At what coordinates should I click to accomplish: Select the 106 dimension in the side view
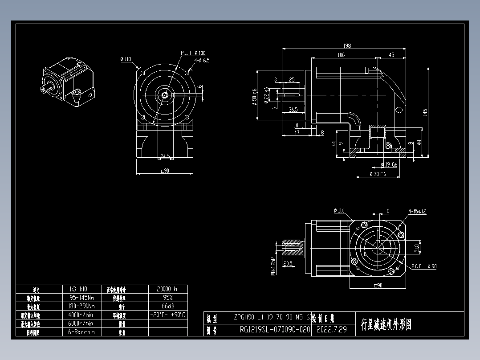[341, 55]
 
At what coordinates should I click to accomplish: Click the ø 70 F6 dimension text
[378, 174]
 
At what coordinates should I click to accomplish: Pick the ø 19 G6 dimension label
[389, 164]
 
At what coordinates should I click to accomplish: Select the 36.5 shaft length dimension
[293, 109]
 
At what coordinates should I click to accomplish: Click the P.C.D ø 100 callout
[193, 53]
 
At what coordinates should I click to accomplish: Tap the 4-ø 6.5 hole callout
[202, 60]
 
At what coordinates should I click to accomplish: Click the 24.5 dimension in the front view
[165, 156]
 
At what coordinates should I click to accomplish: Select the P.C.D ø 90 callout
[423, 266]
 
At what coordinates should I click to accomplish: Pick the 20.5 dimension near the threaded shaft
[287, 263]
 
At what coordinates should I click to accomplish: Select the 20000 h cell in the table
[167, 289]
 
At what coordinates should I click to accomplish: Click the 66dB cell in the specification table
[167, 306]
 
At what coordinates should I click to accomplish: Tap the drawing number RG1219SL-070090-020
[274, 330]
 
